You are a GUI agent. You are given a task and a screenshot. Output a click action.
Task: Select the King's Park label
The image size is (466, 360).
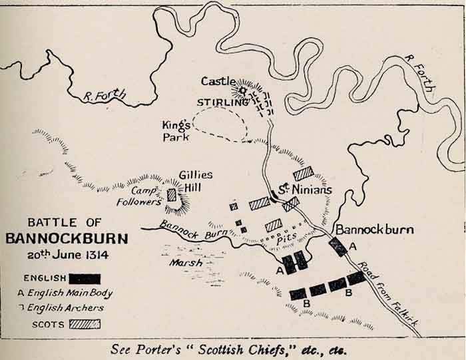[176, 130]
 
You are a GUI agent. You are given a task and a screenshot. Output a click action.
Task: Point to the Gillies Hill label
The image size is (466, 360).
[196, 181]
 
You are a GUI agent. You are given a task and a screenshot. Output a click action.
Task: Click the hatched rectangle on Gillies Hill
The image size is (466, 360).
[172, 195]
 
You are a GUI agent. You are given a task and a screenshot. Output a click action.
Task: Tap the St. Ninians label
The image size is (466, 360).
[304, 190]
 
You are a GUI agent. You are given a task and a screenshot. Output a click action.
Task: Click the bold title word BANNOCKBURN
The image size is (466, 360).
[64, 238]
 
